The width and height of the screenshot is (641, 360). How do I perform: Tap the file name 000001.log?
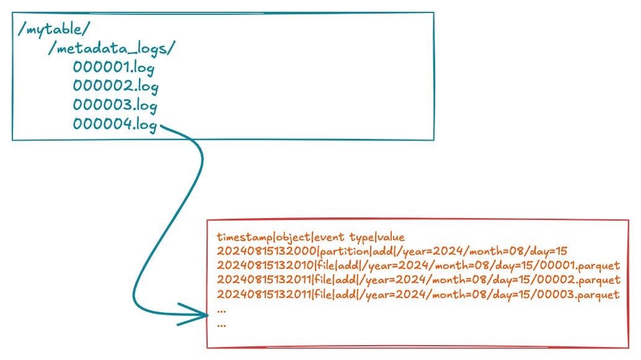tap(115, 68)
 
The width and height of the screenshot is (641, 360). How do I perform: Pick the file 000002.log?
tap(115, 86)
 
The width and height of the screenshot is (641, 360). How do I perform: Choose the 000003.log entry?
tap(115, 105)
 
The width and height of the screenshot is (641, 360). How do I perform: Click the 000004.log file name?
tap(115, 124)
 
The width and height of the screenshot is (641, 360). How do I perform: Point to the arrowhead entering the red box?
tap(202, 314)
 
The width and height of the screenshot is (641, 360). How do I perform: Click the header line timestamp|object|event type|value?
tap(311, 237)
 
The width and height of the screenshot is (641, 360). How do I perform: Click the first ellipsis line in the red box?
tap(221, 309)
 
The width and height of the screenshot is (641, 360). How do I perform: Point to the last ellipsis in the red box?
tap(221, 323)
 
